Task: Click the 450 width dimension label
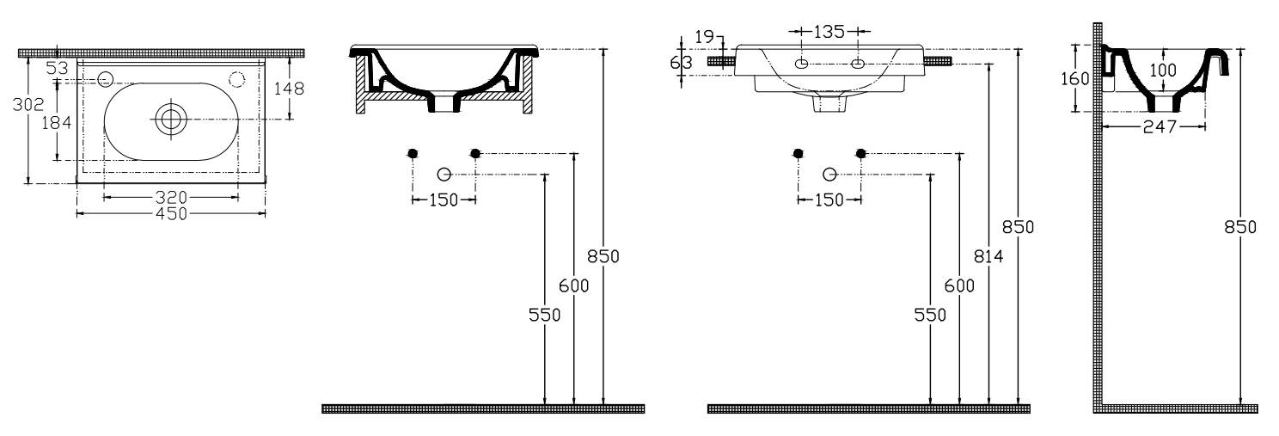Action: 171,214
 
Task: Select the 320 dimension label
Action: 171,198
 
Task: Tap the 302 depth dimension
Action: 28,105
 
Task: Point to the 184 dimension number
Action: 57,122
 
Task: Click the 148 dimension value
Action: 289,89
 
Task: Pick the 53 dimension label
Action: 57,68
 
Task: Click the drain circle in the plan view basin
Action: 171,119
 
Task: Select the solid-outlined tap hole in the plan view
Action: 105,79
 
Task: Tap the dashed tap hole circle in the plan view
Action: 237,79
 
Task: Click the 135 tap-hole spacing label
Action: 829,32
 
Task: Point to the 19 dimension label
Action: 705,37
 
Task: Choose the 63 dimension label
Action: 681,62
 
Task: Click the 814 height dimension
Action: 988,257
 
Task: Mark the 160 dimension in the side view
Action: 1075,79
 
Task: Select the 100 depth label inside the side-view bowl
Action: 1162,71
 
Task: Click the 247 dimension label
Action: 1160,127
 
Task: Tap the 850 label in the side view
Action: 1240,227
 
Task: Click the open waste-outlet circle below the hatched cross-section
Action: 444,175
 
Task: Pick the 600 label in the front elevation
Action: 959,286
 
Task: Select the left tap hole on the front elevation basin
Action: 802,64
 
